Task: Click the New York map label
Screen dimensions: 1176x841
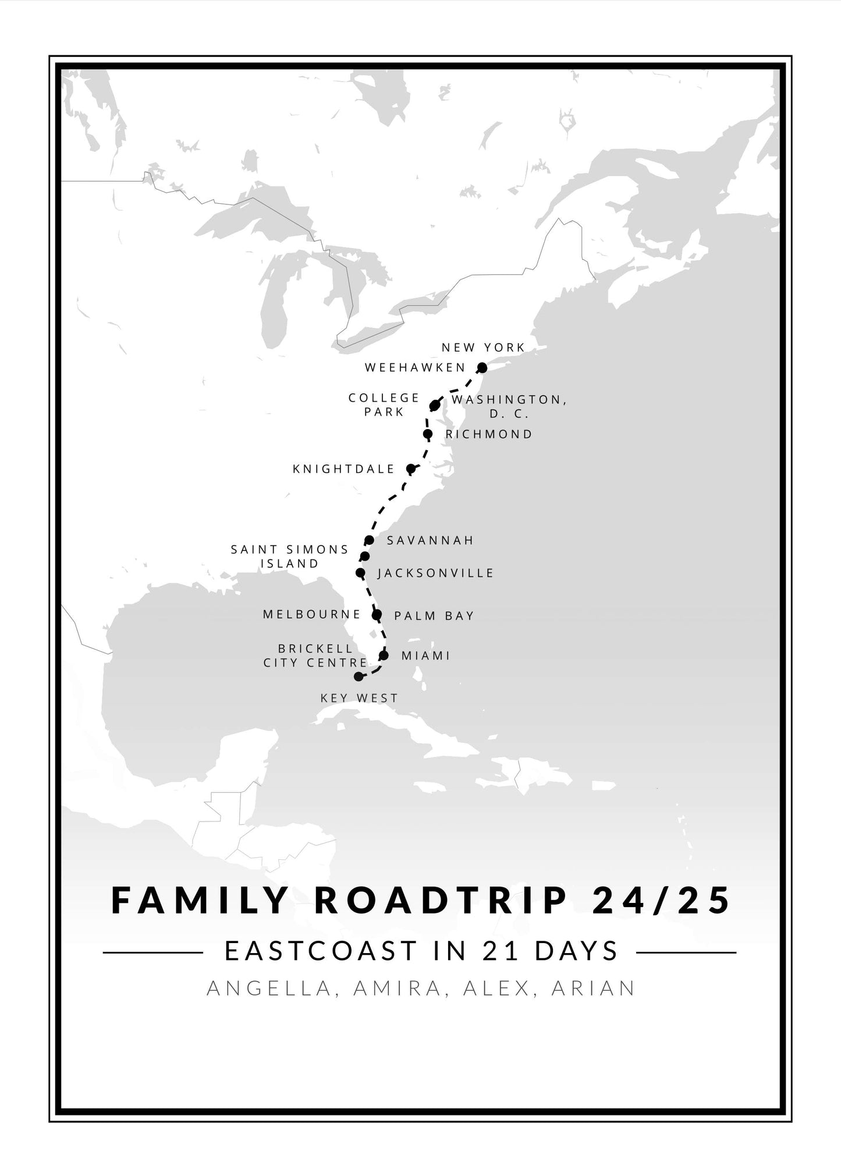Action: click(x=483, y=348)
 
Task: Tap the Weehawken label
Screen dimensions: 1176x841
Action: click(x=415, y=367)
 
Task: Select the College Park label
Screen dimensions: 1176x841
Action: click(x=384, y=405)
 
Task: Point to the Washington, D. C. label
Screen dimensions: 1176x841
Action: click(x=509, y=406)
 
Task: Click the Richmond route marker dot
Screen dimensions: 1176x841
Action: click(x=428, y=434)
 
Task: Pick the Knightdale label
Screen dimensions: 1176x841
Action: click(x=343, y=469)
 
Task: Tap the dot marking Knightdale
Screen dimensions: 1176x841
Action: click(x=411, y=469)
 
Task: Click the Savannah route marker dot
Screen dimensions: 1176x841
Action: click(x=369, y=540)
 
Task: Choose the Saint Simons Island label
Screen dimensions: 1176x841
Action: click(x=290, y=556)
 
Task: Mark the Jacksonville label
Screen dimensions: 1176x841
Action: click(x=436, y=573)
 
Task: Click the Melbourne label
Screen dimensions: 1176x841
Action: click(x=312, y=614)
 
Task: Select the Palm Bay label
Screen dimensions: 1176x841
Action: click(x=434, y=616)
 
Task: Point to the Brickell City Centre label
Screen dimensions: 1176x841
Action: click(x=315, y=656)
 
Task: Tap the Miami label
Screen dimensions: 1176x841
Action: click(x=426, y=656)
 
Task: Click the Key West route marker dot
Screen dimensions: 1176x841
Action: click(x=359, y=676)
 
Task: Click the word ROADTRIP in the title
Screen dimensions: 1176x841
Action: click(x=440, y=900)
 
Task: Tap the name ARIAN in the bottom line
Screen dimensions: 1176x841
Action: click(x=593, y=988)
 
